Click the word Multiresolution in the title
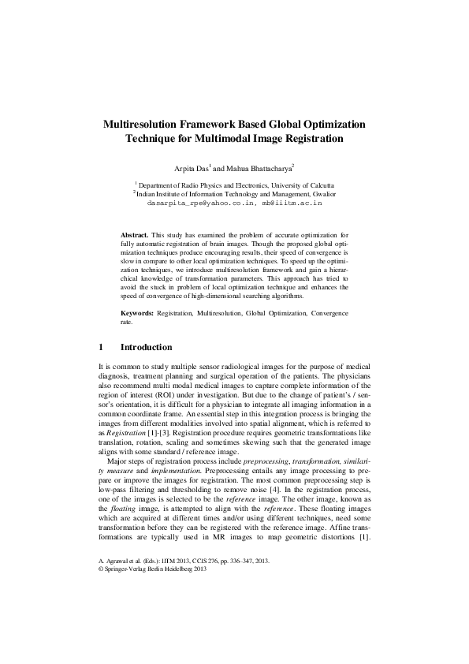pos(145,124)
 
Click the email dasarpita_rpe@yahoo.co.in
pos(200,203)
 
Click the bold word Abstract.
pos(134,235)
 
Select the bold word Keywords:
pos(137,314)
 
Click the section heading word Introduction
pos(146,347)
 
